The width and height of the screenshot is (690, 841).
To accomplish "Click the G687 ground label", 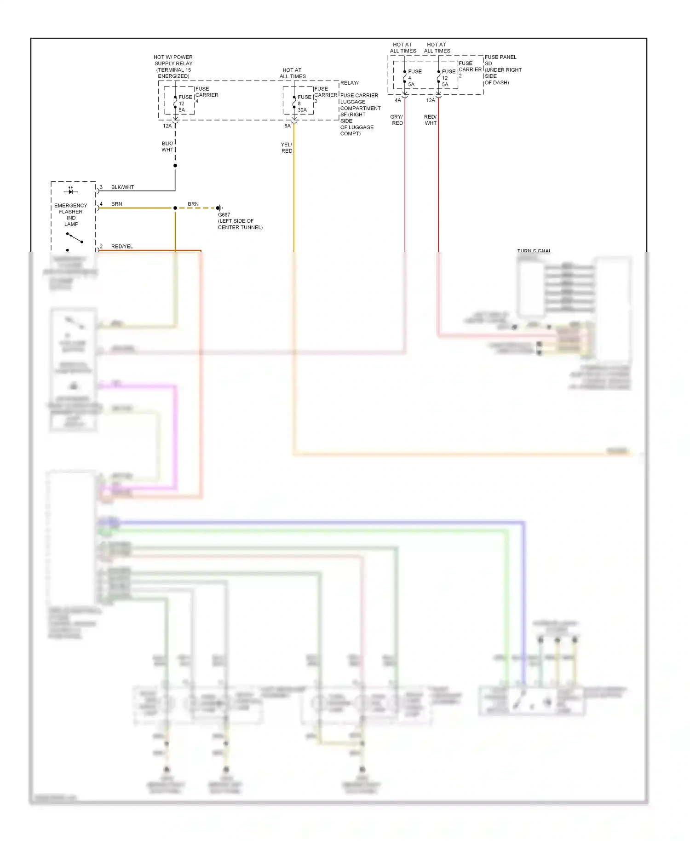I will pyautogui.click(x=224, y=215).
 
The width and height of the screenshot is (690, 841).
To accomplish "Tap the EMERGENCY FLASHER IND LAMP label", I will pyautogui.click(x=71, y=215).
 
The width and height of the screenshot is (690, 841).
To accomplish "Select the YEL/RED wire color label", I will pyautogui.click(x=287, y=148).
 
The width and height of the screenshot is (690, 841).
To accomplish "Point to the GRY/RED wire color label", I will pyautogui.click(x=397, y=120).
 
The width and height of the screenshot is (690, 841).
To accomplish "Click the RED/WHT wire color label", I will pyautogui.click(x=431, y=120).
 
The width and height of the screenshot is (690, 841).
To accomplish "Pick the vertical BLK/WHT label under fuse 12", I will pyautogui.click(x=167, y=147).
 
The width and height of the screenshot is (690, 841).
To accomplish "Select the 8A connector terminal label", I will pyautogui.click(x=287, y=126).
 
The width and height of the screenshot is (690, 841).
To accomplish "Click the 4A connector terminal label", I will pyautogui.click(x=398, y=100).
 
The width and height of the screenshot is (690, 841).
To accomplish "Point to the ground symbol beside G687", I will pyautogui.click(x=219, y=208).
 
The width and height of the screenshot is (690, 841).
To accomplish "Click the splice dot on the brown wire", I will pyautogui.click(x=175, y=208).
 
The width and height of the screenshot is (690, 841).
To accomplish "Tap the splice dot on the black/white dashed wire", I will pyautogui.click(x=175, y=166).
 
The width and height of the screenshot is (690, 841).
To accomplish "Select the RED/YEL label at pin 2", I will pyautogui.click(x=122, y=247).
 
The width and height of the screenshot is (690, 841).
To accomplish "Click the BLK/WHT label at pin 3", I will pyautogui.click(x=122, y=187).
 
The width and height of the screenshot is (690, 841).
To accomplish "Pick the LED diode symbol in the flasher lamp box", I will pyautogui.click(x=71, y=191).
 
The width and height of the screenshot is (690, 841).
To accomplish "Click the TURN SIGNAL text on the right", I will pyautogui.click(x=534, y=251).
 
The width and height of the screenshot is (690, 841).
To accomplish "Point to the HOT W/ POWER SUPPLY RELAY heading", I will pyautogui.click(x=173, y=67).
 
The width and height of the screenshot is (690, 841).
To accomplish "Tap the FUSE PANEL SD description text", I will pyautogui.click(x=502, y=70).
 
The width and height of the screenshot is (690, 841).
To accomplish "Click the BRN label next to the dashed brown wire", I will pyautogui.click(x=193, y=204).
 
